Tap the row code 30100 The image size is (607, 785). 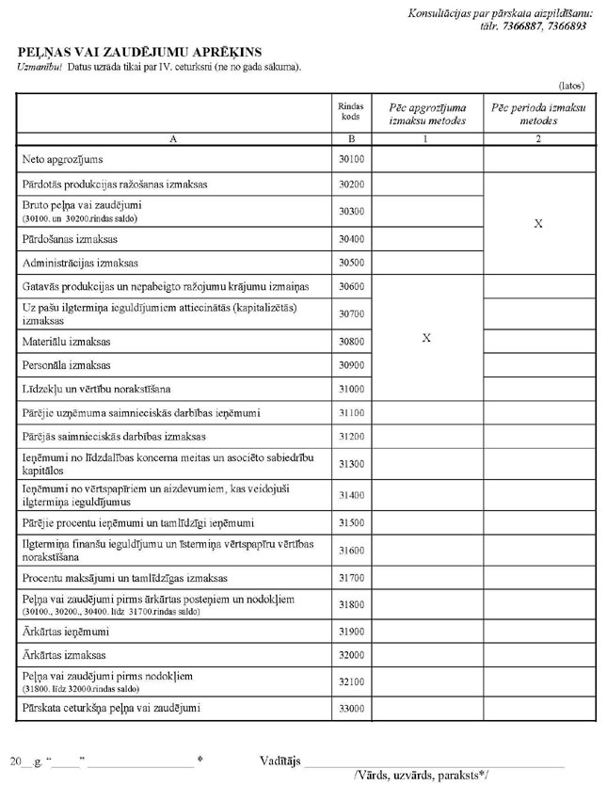[x=351, y=160]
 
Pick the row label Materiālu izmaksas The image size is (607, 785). [x=65, y=342]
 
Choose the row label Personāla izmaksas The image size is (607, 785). [x=66, y=365]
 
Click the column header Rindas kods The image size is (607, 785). [x=351, y=111]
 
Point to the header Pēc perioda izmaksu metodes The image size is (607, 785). [x=538, y=115]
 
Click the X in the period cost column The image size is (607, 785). [x=538, y=225]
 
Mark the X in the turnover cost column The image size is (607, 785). [x=427, y=338]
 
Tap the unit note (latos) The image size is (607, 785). [x=573, y=85]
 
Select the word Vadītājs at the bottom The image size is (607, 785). [x=280, y=761]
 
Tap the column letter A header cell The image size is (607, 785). [x=173, y=137]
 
